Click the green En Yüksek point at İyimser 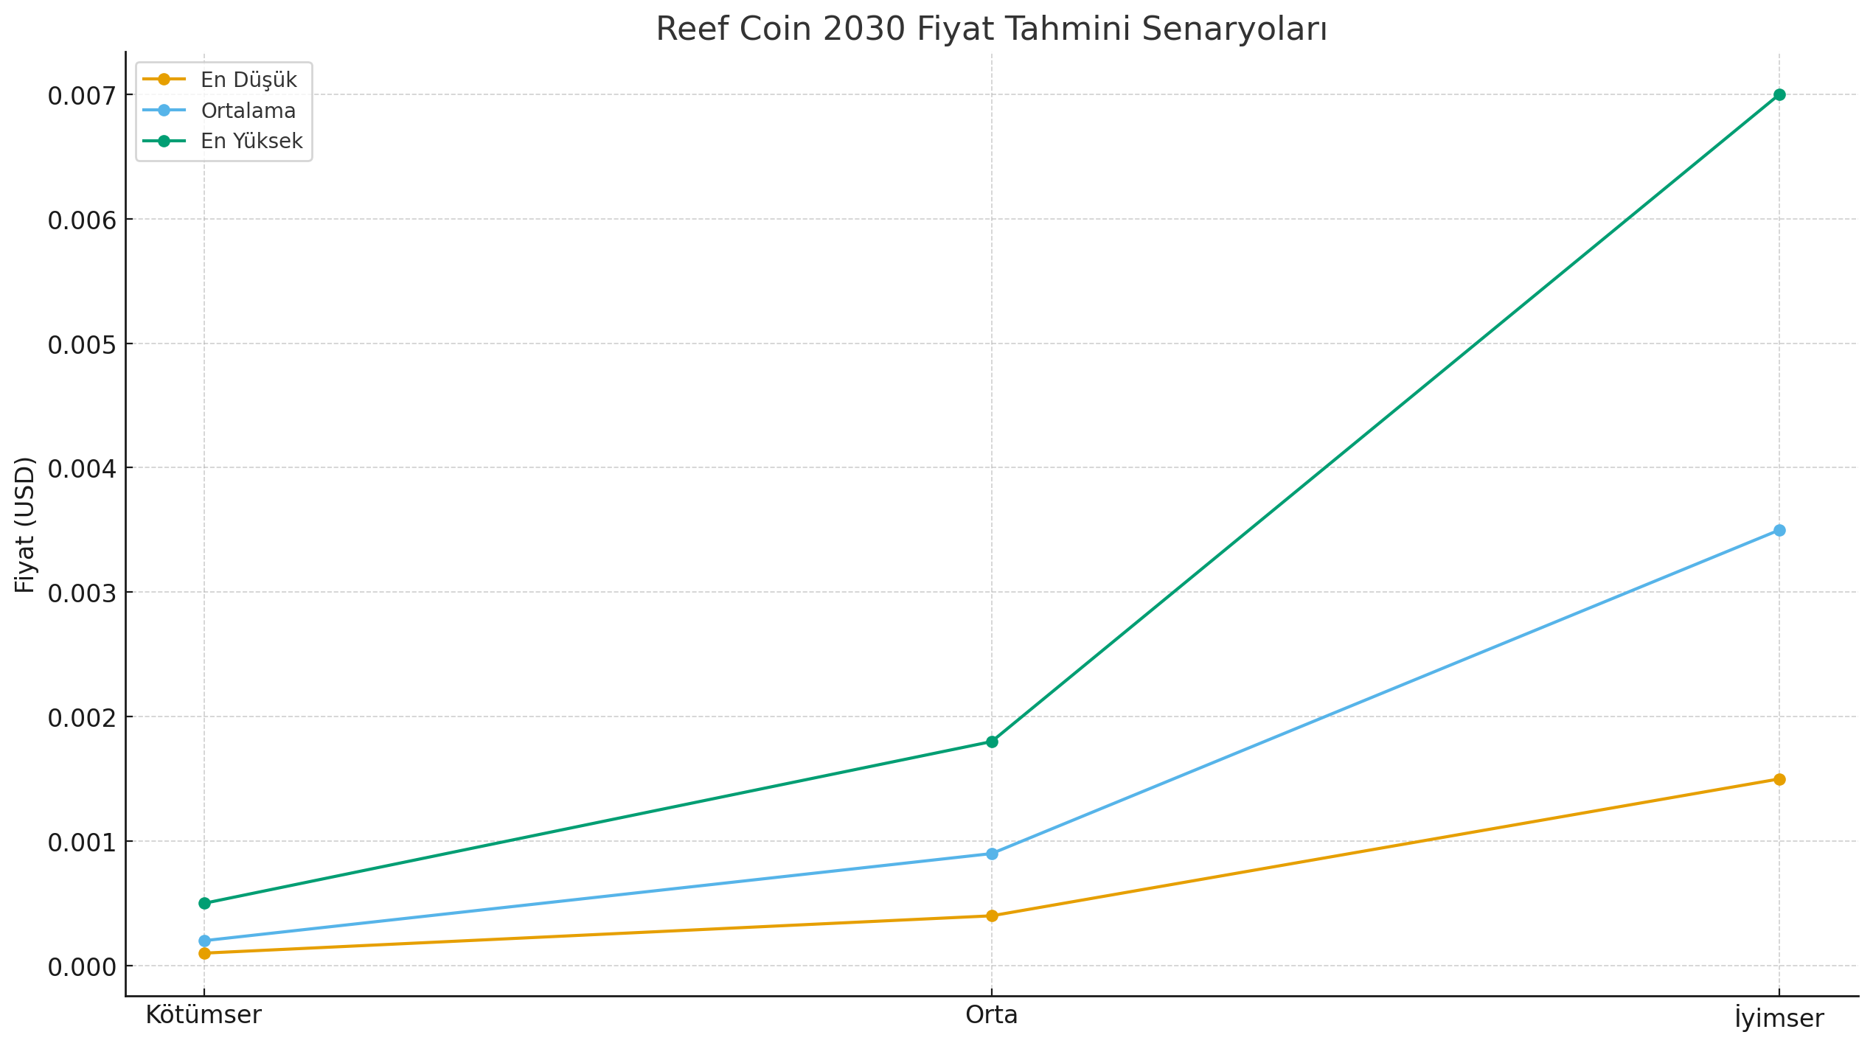click(x=1779, y=94)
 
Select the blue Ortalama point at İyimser click(x=1779, y=530)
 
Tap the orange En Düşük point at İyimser click(x=1779, y=779)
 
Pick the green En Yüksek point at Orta click(x=992, y=742)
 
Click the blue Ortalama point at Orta click(x=992, y=854)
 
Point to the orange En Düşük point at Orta click(x=992, y=916)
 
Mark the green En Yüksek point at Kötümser click(x=204, y=903)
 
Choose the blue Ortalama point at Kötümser click(x=204, y=941)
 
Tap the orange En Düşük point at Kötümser click(x=204, y=953)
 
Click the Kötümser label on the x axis click(x=204, y=1015)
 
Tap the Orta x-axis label click(x=992, y=1015)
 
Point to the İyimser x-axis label click(x=1779, y=1018)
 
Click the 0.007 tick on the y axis click(x=82, y=96)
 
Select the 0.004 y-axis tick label click(x=82, y=469)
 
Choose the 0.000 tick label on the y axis click(x=82, y=966)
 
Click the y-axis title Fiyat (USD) click(x=25, y=524)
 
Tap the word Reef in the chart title click(x=692, y=29)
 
